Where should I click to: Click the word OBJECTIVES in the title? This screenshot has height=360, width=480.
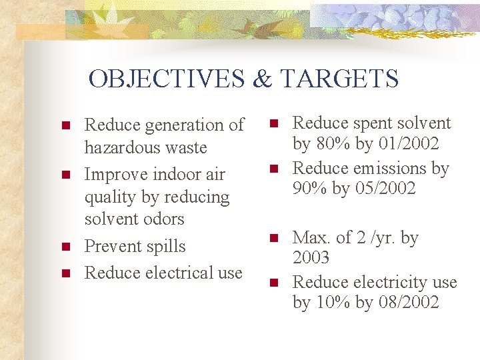click(167, 79)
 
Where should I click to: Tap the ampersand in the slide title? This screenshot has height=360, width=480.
click(263, 79)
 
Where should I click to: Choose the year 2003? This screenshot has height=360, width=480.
click(311, 258)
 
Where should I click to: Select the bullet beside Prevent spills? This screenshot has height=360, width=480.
click(65, 247)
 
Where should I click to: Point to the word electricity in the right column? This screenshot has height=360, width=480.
click(384, 283)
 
